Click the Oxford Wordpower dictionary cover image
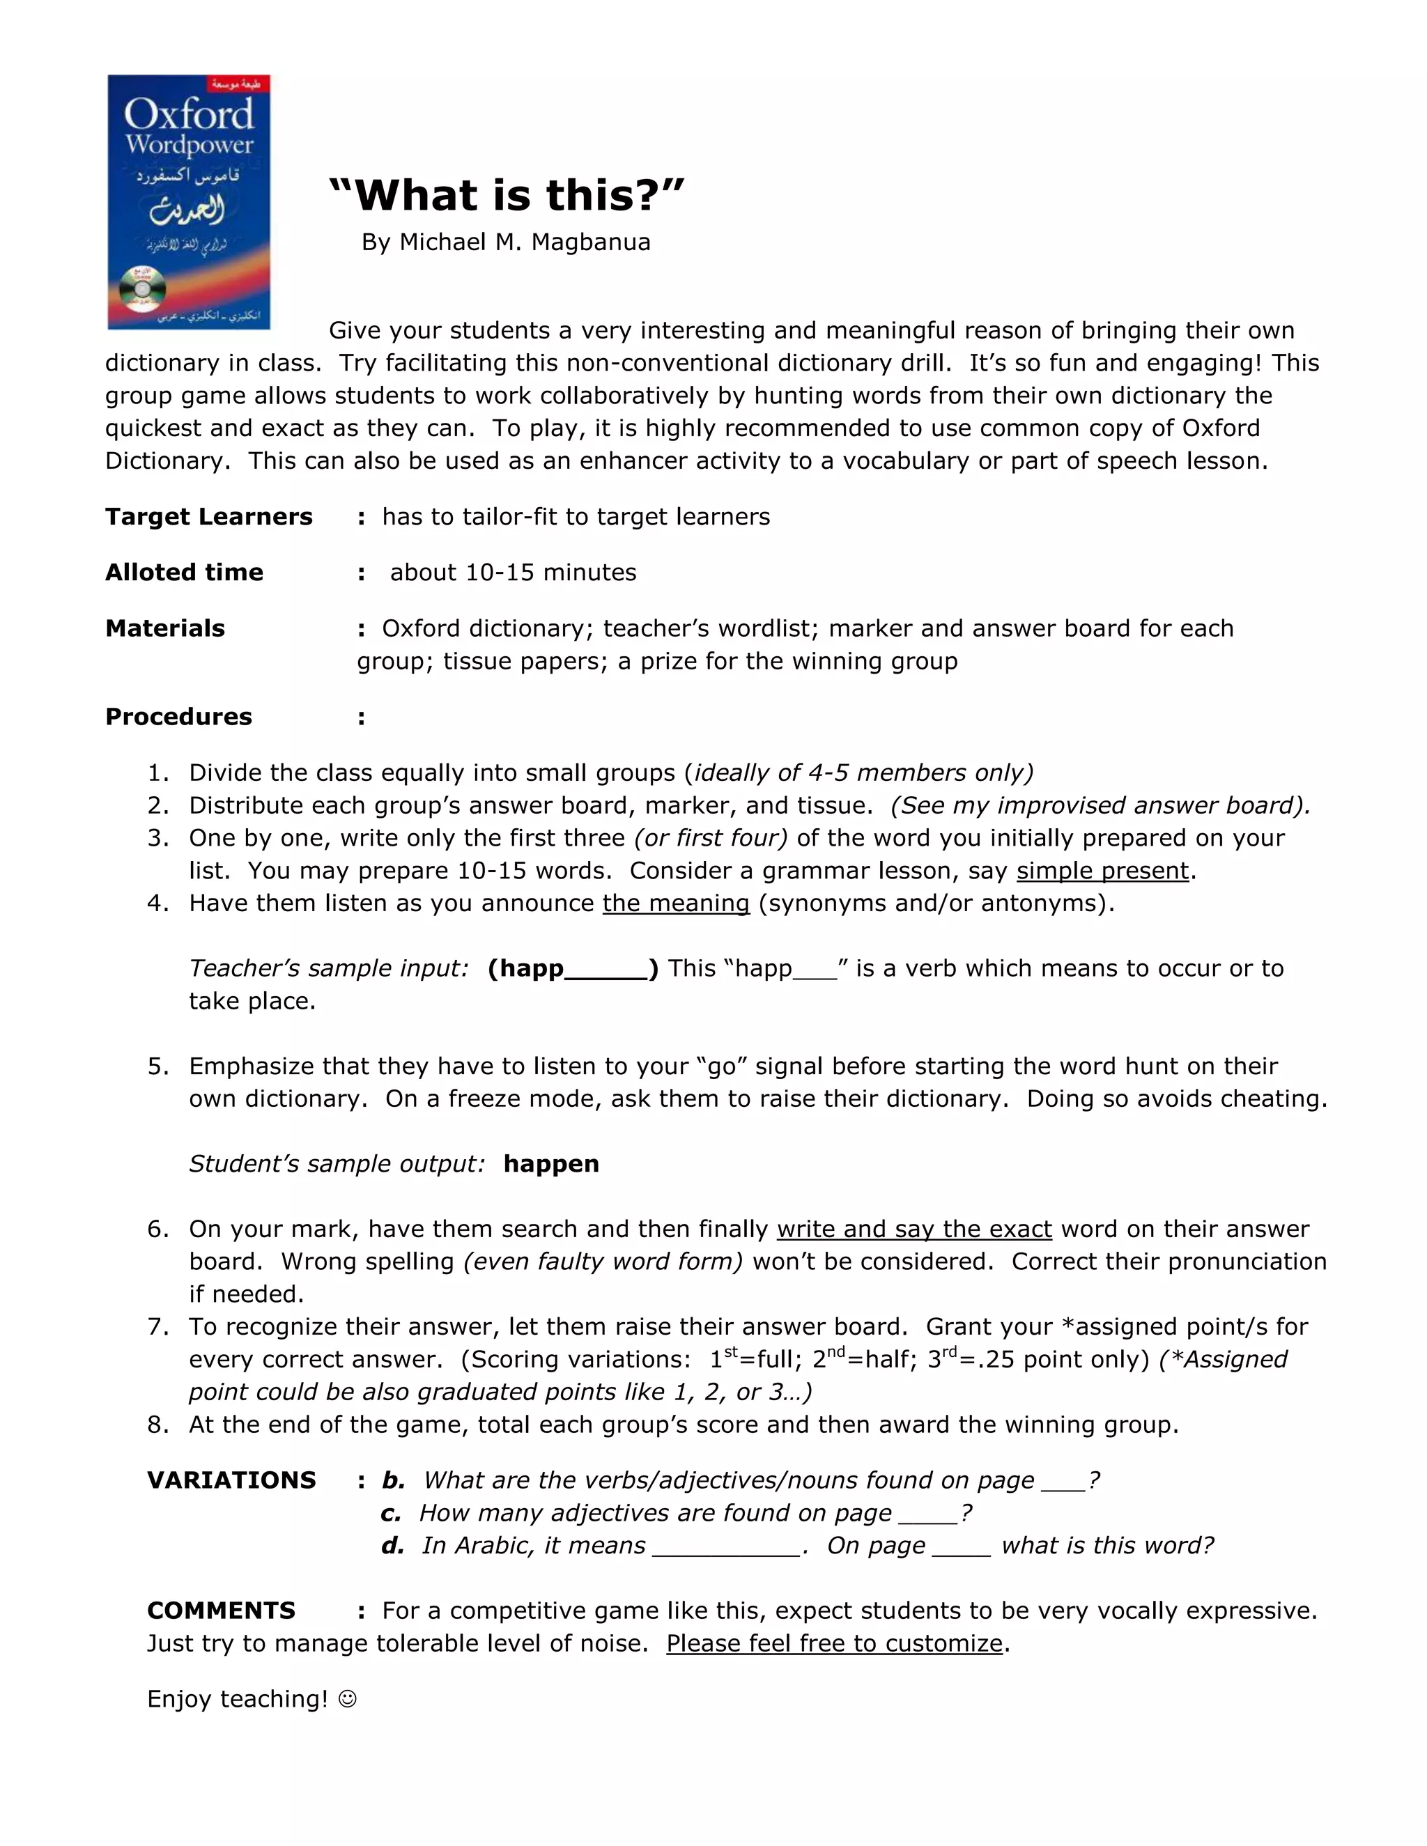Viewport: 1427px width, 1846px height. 189,201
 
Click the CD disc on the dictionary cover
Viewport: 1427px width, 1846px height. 141,290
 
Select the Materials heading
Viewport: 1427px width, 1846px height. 165,628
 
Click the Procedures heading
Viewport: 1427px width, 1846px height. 178,717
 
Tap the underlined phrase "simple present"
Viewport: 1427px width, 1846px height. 1102,871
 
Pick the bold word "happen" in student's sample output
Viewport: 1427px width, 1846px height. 551,1164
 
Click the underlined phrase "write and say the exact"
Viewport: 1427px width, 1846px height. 914,1229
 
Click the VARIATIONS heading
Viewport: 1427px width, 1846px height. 231,1480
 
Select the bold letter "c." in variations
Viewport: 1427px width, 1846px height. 391,1513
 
